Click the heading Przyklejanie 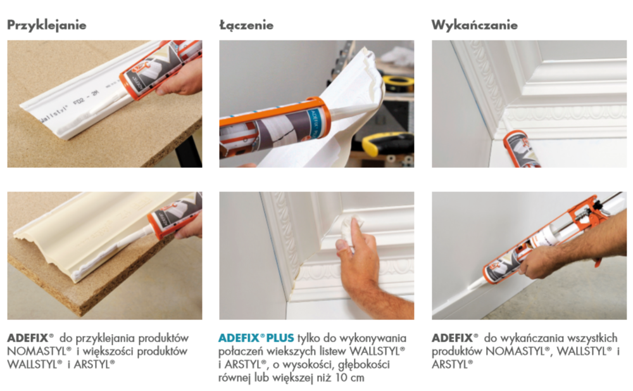coord(47,25)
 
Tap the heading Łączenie coord(246,25)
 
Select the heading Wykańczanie coord(474,25)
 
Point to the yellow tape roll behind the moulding coord(398,83)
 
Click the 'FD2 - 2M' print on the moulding coord(86,99)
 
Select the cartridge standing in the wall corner coord(521,149)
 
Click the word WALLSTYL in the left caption coord(35,365)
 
